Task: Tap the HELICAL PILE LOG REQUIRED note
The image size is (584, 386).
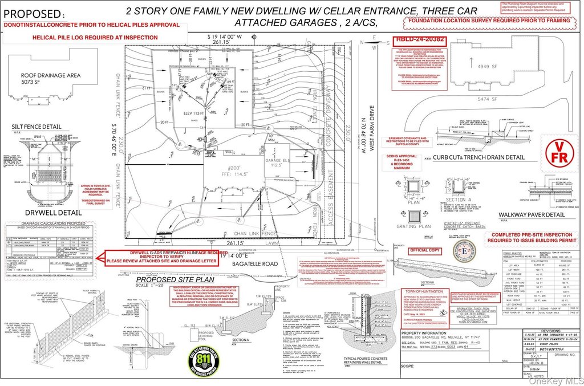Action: [x=91, y=37]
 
